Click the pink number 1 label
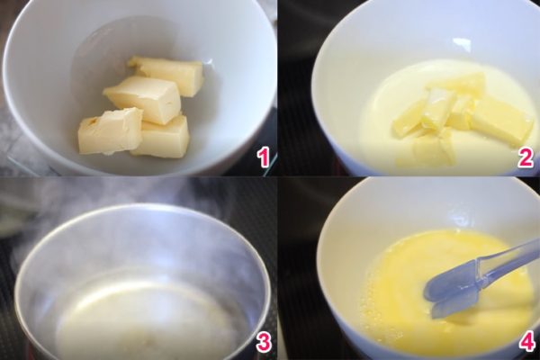(x=263, y=157)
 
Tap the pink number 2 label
(x=526, y=157)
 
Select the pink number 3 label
(x=263, y=342)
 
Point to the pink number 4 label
(x=526, y=342)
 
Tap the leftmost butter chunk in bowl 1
(x=110, y=130)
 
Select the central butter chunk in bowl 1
(x=145, y=99)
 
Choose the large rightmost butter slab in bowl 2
(x=498, y=121)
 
